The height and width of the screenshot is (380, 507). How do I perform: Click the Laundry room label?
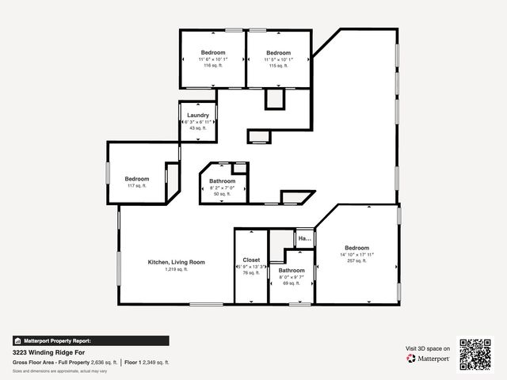[x=198, y=116]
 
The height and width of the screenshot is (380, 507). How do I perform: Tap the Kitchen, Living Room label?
[x=177, y=262]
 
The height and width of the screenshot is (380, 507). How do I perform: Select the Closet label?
[x=251, y=260]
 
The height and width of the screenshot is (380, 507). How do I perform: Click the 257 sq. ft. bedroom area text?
[x=356, y=260]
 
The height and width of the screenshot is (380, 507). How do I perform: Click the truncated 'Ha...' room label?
[x=304, y=237]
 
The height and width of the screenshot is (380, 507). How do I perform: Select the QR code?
[x=475, y=353]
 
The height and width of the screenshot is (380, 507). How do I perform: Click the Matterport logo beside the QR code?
[x=429, y=359]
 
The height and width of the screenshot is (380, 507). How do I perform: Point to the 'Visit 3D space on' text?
[x=428, y=348]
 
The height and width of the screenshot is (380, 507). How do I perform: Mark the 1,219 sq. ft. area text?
[x=176, y=269]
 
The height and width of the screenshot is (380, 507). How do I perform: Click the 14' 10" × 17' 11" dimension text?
[x=356, y=254]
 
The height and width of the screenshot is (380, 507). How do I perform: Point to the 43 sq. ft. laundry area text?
[x=198, y=128]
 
